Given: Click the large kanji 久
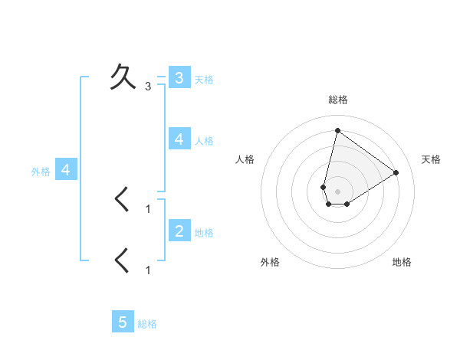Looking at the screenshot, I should [x=123, y=76].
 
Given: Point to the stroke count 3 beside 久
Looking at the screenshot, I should [x=148, y=87].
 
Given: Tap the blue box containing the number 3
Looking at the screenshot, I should [x=179, y=77].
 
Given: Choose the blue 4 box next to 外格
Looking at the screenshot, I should [x=66, y=170].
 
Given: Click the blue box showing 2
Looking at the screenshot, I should [x=179, y=231].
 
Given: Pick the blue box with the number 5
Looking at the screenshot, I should [x=123, y=322].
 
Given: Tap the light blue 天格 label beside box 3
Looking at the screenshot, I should [x=204, y=79].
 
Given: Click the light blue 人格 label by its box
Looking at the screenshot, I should [x=204, y=140].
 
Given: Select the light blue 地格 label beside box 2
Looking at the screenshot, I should [x=204, y=232].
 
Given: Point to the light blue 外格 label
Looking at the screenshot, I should [x=41, y=172].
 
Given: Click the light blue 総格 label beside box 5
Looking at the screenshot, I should [x=148, y=323].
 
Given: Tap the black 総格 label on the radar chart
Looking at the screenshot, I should [x=337, y=100].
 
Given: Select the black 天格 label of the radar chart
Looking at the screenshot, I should [x=431, y=159].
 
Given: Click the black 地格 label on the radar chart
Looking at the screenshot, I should [x=402, y=262].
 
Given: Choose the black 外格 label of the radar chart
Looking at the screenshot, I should [x=270, y=262].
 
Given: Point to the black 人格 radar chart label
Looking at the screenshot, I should [x=245, y=159].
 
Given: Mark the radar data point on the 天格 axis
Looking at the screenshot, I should [x=396, y=172].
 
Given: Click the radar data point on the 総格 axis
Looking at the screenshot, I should [x=337, y=130].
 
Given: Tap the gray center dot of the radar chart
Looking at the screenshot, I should [x=337, y=191].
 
